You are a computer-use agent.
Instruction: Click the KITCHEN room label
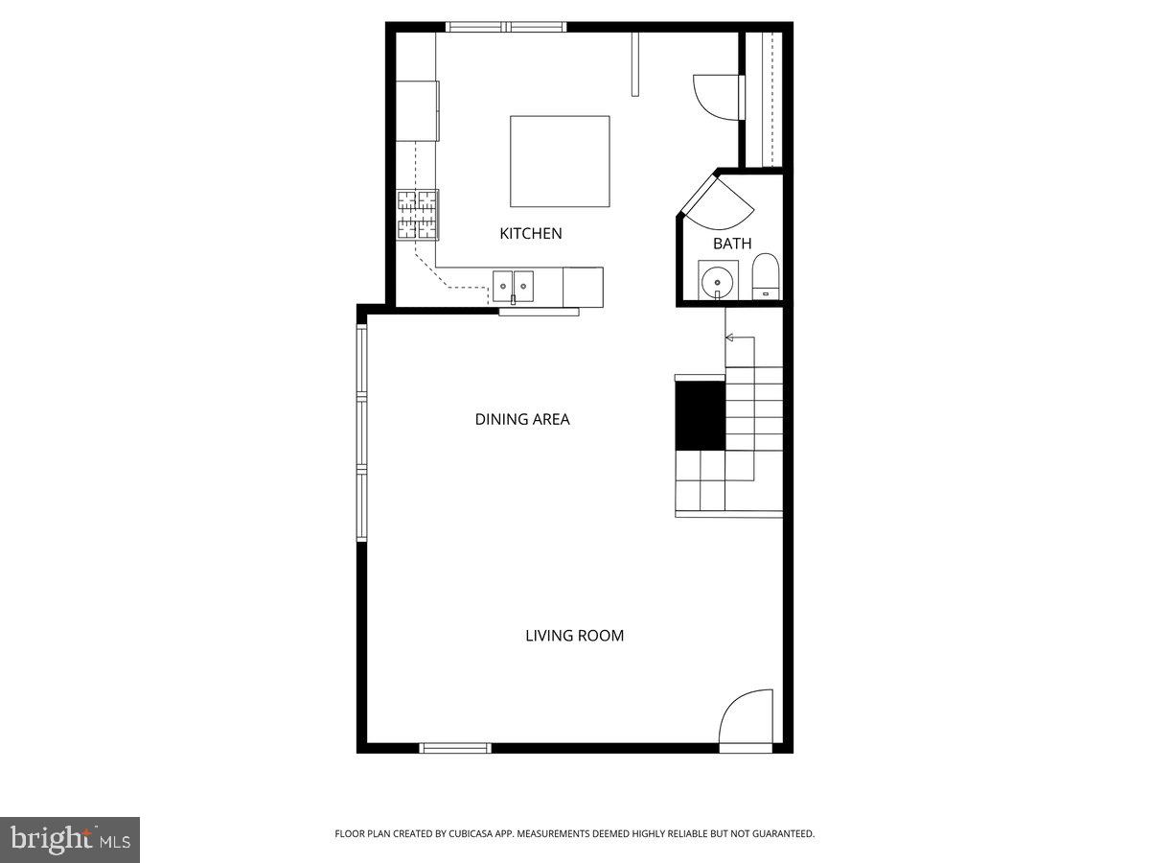click(530, 233)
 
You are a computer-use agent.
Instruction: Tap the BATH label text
click(732, 244)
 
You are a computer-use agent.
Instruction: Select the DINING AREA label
click(522, 419)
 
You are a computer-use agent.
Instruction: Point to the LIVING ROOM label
click(574, 636)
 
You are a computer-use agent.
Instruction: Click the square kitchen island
click(560, 161)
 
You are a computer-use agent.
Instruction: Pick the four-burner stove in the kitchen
click(417, 215)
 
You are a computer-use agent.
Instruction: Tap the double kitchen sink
click(513, 287)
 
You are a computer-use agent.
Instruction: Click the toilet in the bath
click(766, 277)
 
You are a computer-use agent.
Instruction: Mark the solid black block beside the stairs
click(700, 415)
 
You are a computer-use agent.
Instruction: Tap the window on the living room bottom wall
click(455, 748)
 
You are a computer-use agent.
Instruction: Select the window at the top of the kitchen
click(506, 27)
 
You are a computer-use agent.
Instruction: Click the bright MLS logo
click(70, 839)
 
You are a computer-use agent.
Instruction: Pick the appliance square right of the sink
click(583, 287)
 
